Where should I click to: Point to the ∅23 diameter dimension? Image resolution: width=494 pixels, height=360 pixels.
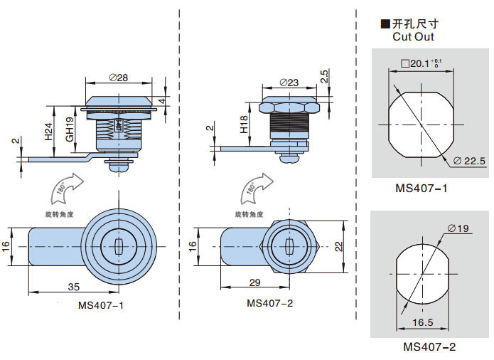[x=289, y=83]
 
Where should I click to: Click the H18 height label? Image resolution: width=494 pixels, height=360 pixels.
[x=243, y=125]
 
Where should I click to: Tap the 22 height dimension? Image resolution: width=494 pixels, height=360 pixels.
[x=340, y=245]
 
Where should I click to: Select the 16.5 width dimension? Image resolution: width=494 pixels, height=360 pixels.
[x=422, y=323]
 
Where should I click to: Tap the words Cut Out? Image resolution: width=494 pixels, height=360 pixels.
[x=413, y=37]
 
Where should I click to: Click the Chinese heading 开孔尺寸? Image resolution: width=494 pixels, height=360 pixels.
[x=411, y=25]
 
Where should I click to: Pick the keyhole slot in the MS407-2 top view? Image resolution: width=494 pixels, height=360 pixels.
[x=289, y=245]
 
